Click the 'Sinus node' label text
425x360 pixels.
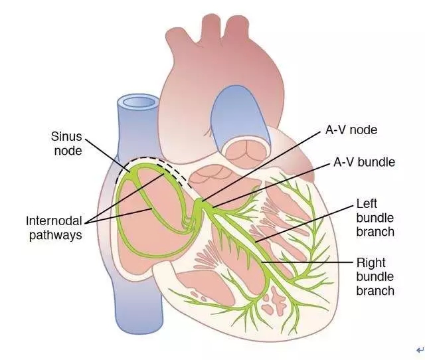click(66, 144)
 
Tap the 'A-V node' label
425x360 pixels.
click(351, 130)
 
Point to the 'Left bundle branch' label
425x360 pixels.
click(375, 217)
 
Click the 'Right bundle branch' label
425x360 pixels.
click(375, 276)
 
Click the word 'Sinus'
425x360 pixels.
click(66, 137)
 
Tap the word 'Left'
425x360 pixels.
click(367, 203)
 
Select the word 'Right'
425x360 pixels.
click(371, 262)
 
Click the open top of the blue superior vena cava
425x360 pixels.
click(137, 103)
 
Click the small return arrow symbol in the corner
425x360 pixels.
click(418, 350)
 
